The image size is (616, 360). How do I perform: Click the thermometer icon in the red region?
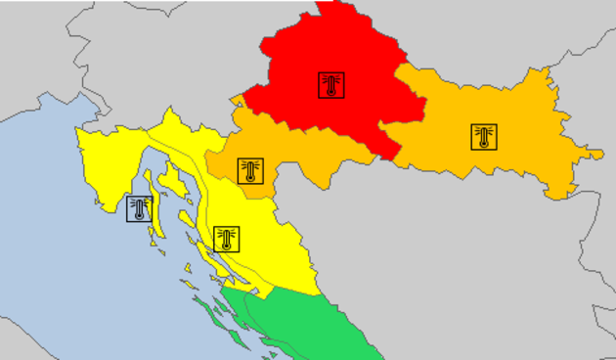[x=331, y=84]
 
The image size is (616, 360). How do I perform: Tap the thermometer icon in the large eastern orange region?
[x=483, y=137]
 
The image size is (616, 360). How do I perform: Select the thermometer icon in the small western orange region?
[x=250, y=171]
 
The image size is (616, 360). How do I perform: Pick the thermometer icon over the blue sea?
[x=140, y=208]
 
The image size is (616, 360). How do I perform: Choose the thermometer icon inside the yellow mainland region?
[x=226, y=239]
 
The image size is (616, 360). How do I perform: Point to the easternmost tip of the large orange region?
[x=602, y=154]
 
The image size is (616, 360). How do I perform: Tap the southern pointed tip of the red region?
[x=395, y=158]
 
